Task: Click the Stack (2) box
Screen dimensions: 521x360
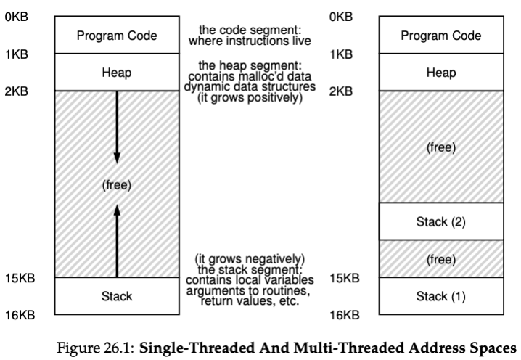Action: [x=441, y=221]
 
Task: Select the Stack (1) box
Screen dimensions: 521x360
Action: [x=441, y=296]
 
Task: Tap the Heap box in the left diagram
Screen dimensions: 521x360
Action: [x=117, y=72]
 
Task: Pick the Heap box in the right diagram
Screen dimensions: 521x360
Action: [x=441, y=72]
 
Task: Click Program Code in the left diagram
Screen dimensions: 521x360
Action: [x=117, y=35]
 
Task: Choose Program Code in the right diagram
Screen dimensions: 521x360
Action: [x=441, y=35]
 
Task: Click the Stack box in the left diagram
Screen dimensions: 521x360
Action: [x=117, y=296]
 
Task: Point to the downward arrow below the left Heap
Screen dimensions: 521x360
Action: [x=117, y=127]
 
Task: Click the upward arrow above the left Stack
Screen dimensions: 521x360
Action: [x=117, y=241]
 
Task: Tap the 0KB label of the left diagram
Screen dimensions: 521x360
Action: [x=17, y=17]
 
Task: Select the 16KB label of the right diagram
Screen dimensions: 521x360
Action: [x=344, y=315]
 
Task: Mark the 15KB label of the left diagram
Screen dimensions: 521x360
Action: [x=20, y=278]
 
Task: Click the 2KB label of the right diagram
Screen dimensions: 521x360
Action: [x=341, y=91]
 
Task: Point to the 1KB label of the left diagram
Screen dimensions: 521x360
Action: [x=17, y=54]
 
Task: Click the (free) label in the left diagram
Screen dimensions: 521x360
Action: [x=117, y=185]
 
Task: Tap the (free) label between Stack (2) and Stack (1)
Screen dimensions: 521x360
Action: [x=441, y=259]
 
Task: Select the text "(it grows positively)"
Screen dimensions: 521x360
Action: [x=250, y=97]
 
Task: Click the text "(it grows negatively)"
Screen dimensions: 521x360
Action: [x=250, y=258]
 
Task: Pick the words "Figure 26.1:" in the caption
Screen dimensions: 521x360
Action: [x=96, y=348]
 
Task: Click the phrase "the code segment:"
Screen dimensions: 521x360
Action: [x=250, y=30]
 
